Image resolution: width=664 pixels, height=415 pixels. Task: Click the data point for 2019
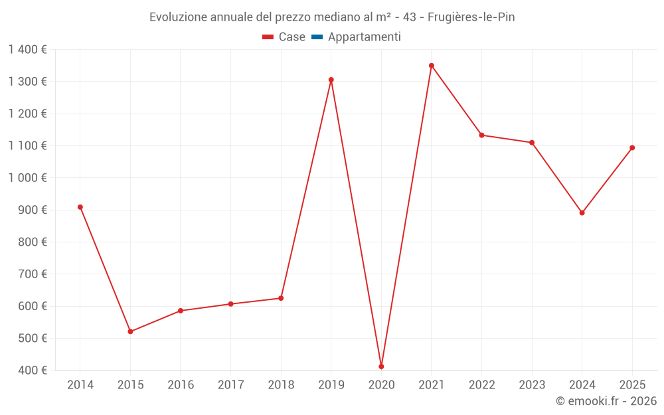tap(331, 80)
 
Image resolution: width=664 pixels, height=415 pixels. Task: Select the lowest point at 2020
tap(381, 367)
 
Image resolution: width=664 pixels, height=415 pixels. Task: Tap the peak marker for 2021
tap(432, 66)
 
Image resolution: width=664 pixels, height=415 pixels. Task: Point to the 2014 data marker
tap(80, 207)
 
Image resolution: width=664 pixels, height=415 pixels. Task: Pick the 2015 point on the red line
tap(130, 331)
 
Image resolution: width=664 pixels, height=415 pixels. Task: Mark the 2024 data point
tap(582, 213)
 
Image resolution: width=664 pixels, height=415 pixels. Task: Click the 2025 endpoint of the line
tap(632, 147)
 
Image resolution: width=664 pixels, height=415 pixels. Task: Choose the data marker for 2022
tap(481, 135)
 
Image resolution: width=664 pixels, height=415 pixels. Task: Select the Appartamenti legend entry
tap(364, 37)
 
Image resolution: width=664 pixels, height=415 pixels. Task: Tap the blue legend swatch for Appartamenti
tap(316, 37)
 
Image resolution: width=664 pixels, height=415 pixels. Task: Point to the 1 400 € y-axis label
tap(28, 50)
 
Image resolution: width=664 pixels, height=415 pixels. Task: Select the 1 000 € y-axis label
tap(28, 178)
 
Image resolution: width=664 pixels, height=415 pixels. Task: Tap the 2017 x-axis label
tap(230, 385)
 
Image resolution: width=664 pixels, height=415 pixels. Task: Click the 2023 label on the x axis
tap(532, 385)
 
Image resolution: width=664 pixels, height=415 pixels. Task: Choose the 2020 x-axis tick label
tap(381, 385)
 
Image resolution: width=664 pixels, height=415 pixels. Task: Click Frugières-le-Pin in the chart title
tap(471, 17)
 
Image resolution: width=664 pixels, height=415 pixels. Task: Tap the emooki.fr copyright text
tap(606, 401)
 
